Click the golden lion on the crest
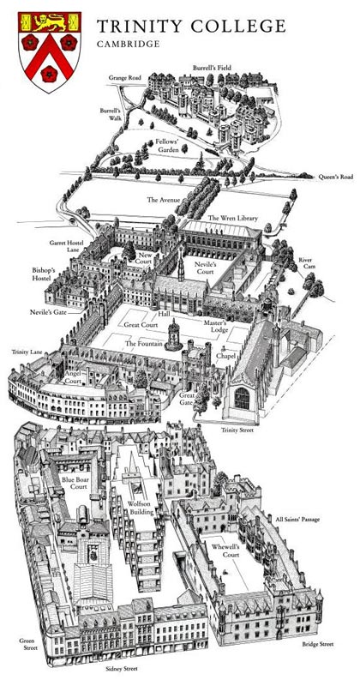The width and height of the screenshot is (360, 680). (x=50, y=21)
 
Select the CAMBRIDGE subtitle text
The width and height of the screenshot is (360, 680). (x=129, y=45)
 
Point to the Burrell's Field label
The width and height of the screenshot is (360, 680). (x=212, y=68)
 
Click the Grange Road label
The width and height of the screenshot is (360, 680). (x=125, y=78)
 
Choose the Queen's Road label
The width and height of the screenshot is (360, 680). (x=336, y=177)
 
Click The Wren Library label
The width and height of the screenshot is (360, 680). (x=233, y=217)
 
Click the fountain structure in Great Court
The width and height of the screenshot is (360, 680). (x=174, y=334)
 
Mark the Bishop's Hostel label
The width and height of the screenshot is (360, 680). (x=44, y=274)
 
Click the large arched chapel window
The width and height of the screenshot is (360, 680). (x=242, y=398)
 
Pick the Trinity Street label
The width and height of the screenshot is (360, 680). (x=237, y=430)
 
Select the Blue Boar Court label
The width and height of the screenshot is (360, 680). (x=75, y=483)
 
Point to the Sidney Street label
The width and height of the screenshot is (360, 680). (x=123, y=669)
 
